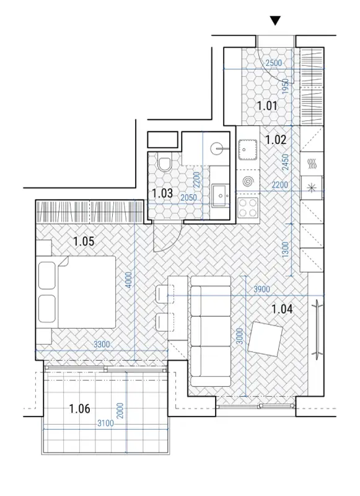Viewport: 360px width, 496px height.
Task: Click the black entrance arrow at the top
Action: [x=275, y=21]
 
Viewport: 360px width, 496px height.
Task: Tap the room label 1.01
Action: [x=267, y=105]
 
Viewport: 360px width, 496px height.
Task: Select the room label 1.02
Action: [x=276, y=139]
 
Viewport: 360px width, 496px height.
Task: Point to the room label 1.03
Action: [x=162, y=193]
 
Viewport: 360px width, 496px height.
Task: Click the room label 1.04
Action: [x=282, y=309]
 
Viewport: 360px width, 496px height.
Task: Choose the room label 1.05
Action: [x=84, y=241]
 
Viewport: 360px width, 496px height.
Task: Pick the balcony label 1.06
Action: [x=80, y=409]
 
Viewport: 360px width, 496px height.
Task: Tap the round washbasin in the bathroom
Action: [x=217, y=148]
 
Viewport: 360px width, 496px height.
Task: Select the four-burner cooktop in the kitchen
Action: [x=248, y=208]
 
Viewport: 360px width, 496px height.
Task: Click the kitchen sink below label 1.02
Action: [x=247, y=149]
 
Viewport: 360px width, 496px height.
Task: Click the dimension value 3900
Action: [x=261, y=290]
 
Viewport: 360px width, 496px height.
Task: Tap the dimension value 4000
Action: [x=129, y=280]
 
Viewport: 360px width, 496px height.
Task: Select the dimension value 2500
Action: [x=273, y=63]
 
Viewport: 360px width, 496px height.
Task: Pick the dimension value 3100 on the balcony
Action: [x=105, y=423]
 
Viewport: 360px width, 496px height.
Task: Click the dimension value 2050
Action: [x=189, y=198]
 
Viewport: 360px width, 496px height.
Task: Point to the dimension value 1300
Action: [x=285, y=250]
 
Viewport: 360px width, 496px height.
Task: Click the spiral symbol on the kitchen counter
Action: [x=248, y=181]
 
